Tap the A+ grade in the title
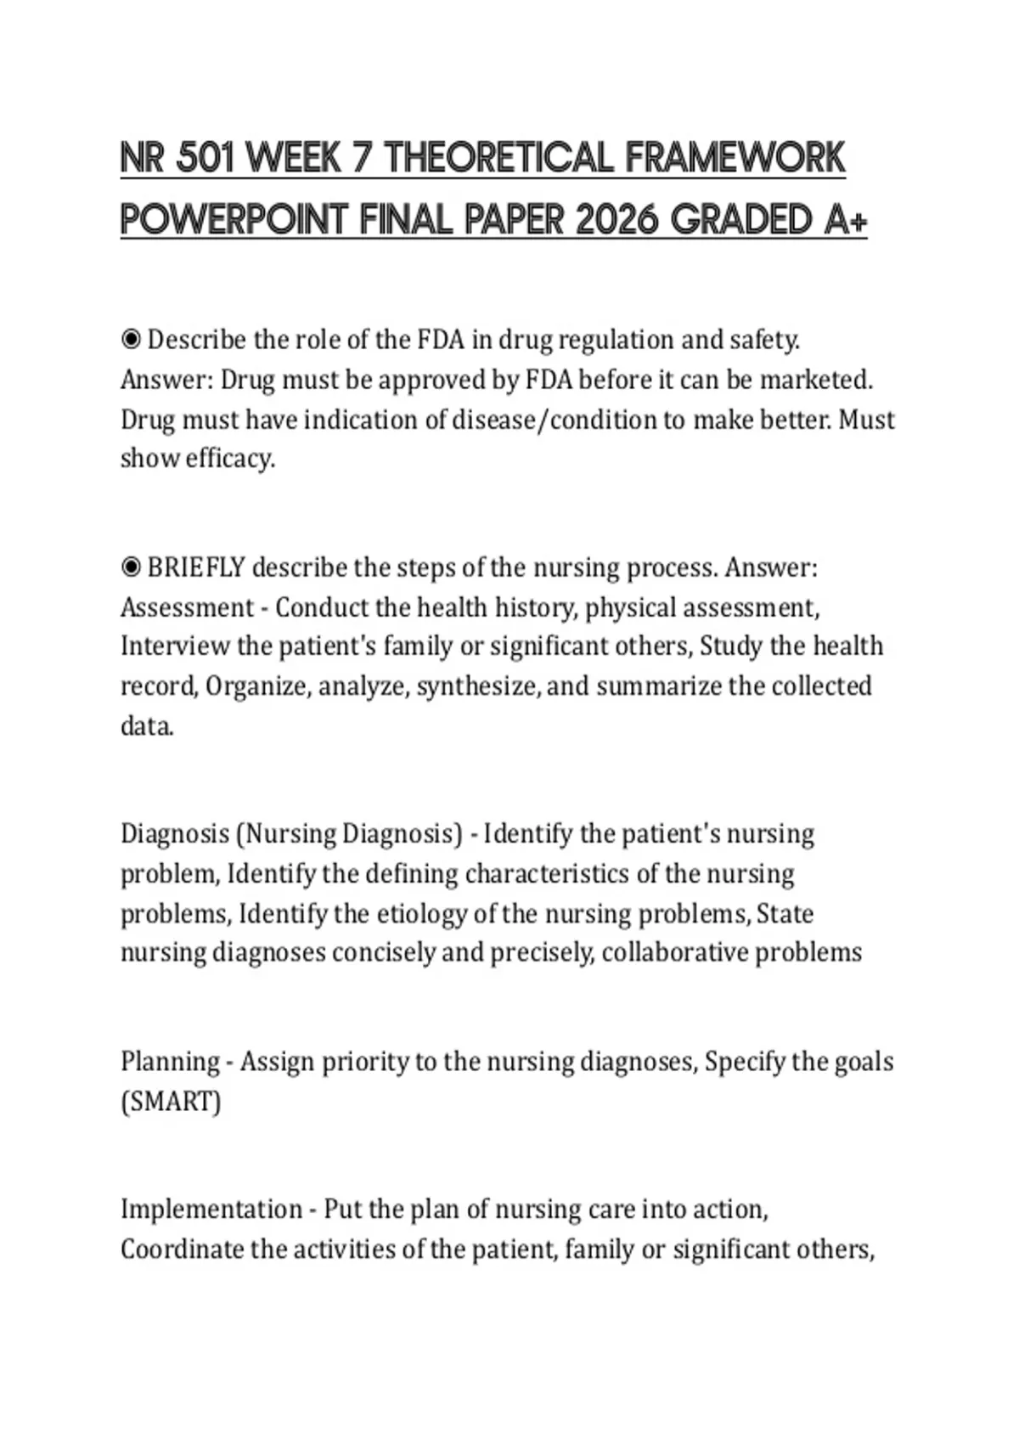pyautogui.click(x=845, y=221)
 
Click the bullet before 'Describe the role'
pyautogui.click(x=131, y=341)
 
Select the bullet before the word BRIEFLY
pyautogui.click(x=131, y=567)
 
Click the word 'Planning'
pyautogui.click(x=170, y=1062)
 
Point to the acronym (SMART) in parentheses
pyautogui.click(x=171, y=1102)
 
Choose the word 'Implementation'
pyautogui.click(x=211, y=1209)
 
